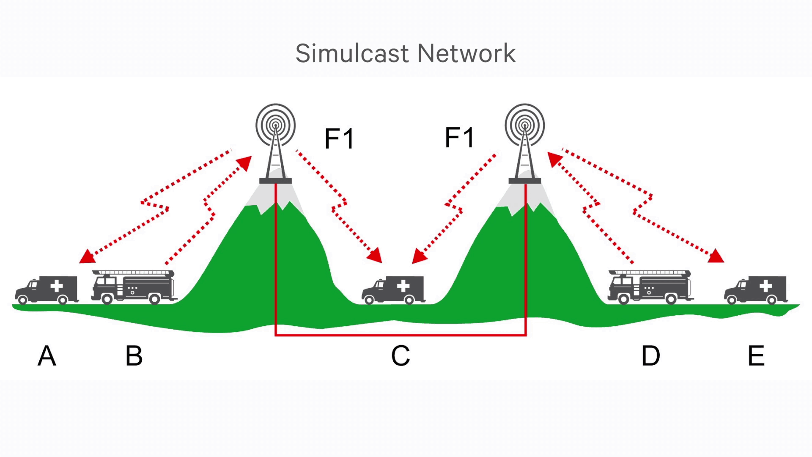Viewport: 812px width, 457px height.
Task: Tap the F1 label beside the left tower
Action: [339, 138]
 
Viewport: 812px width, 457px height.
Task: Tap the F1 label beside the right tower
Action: [459, 137]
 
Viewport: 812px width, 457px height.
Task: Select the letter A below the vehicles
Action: [47, 356]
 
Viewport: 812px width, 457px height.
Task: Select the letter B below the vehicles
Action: [134, 356]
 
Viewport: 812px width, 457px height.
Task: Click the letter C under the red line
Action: [400, 356]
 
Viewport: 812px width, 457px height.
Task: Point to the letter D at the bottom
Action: [650, 356]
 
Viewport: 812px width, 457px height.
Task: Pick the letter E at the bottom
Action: [756, 356]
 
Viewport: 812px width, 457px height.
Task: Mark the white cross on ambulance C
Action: [403, 286]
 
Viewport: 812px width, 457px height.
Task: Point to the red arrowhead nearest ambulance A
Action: [87, 257]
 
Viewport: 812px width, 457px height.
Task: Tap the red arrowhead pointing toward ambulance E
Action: [716, 256]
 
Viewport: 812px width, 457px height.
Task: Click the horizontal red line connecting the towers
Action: [400, 335]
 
